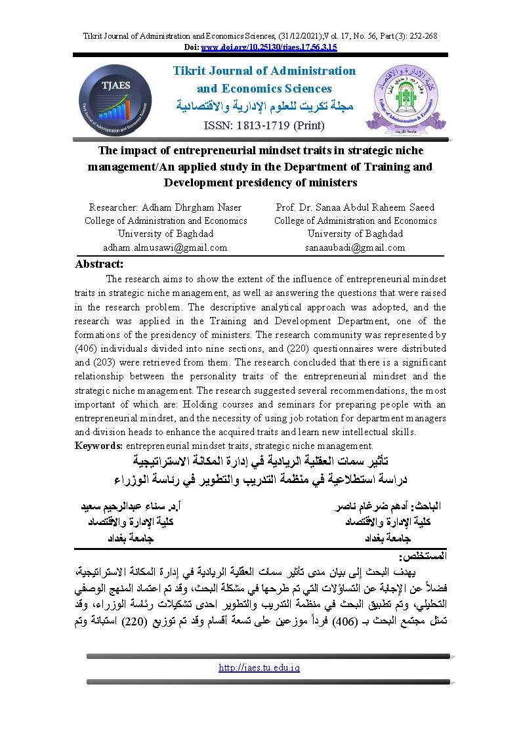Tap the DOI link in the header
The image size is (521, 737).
coord(269,47)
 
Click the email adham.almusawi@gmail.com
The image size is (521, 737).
coord(165,247)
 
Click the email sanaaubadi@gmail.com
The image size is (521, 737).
coord(355,247)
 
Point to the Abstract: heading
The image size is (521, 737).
coord(99,264)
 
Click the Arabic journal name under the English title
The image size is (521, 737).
coord(265,106)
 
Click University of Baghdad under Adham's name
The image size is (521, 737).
coord(165,234)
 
